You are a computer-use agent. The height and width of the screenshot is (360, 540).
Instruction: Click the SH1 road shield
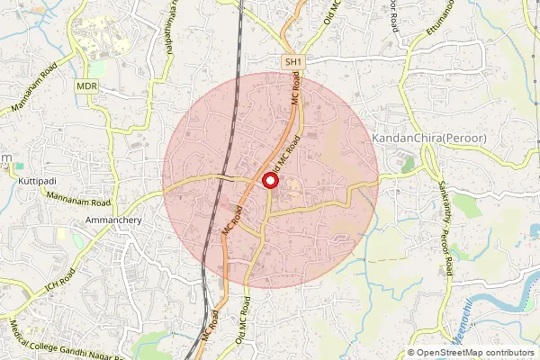pos(292,61)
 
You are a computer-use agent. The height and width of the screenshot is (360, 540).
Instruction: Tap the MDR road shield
pos(87,85)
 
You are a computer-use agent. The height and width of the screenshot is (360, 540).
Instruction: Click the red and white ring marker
pos(269,182)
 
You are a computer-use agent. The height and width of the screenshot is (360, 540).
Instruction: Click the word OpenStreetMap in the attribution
pos(453,352)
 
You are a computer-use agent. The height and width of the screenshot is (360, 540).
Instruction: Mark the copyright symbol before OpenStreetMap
pos(412,352)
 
